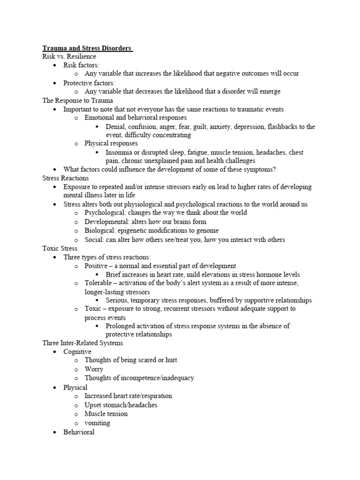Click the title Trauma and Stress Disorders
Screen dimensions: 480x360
pos(87,48)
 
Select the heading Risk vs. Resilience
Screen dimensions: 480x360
pos(69,56)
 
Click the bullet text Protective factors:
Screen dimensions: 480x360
pos(89,82)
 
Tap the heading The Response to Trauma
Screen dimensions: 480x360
pos(77,100)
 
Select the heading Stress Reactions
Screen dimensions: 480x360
pos(65,178)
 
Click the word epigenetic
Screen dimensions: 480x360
pos(135,231)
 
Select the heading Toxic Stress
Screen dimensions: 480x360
pos(60,248)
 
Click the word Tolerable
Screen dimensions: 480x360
pos(99,283)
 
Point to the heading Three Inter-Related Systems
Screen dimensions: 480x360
pos(82,343)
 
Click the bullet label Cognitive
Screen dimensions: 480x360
pos(77,352)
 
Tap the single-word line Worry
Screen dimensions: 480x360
pos(94,369)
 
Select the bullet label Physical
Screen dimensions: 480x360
pos(75,387)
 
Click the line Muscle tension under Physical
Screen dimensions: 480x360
pos(106,414)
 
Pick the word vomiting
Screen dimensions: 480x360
pos(97,423)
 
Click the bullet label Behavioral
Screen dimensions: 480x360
pos(79,432)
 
